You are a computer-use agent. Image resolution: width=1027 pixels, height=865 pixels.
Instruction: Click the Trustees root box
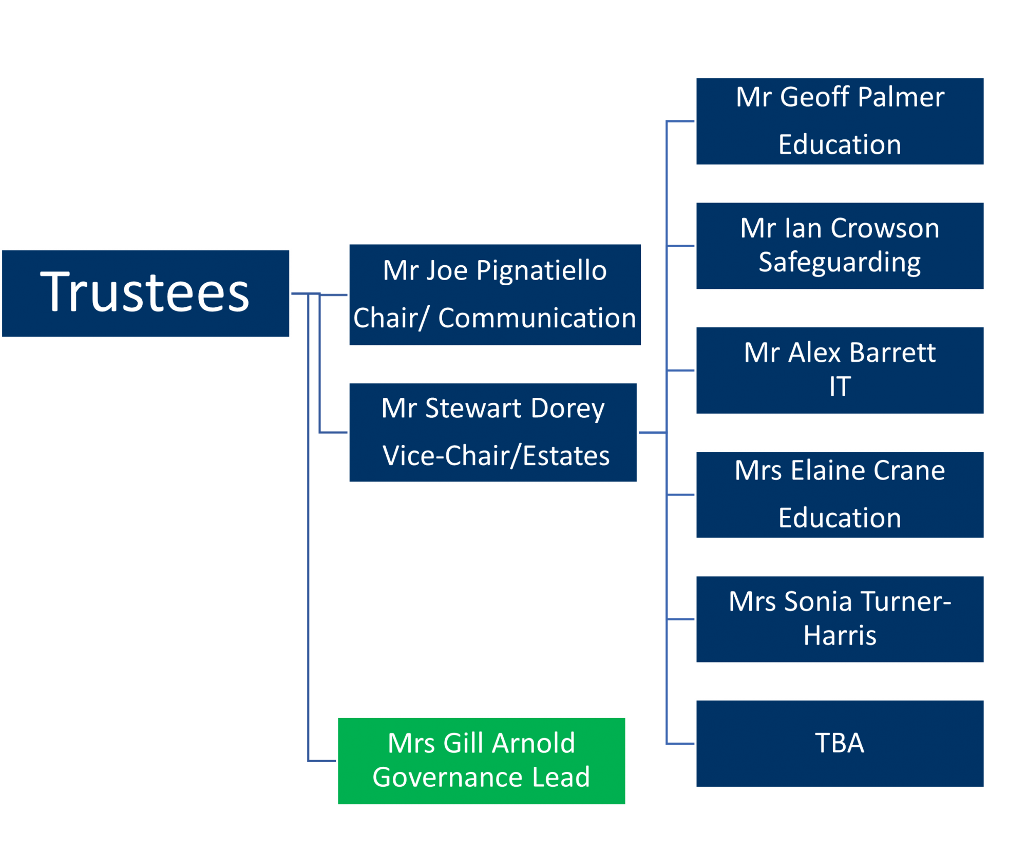point(145,293)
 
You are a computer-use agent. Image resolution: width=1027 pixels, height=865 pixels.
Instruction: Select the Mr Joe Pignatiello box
point(495,295)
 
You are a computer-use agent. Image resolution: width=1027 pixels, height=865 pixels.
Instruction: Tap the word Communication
point(537,318)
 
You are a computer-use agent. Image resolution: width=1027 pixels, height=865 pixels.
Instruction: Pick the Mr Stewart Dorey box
point(493,432)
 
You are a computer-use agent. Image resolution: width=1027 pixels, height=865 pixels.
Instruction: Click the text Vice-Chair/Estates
point(496,455)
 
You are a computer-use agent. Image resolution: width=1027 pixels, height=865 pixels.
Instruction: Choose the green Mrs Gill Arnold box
point(481,761)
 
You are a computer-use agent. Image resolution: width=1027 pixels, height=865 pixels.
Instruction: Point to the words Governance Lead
point(481,777)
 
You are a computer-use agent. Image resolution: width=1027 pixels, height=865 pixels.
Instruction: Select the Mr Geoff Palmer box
point(840,121)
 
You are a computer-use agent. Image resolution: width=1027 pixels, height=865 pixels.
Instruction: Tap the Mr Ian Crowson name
point(840,228)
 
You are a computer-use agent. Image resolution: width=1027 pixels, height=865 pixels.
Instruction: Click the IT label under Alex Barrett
point(840,386)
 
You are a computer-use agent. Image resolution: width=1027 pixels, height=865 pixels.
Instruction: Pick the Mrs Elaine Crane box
point(840,494)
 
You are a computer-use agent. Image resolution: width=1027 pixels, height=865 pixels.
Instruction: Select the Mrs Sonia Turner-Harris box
point(840,619)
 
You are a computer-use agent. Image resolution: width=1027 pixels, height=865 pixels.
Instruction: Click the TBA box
point(840,743)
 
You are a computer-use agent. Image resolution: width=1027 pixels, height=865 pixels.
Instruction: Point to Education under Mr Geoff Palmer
point(840,144)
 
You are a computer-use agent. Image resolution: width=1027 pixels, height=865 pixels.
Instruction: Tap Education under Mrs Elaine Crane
point(840,518)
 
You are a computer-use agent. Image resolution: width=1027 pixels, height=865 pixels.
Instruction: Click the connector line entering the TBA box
point(680,743)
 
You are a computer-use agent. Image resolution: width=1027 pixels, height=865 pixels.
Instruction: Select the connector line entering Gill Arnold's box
point(322,761)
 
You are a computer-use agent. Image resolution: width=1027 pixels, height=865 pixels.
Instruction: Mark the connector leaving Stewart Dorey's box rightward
point(653,432)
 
